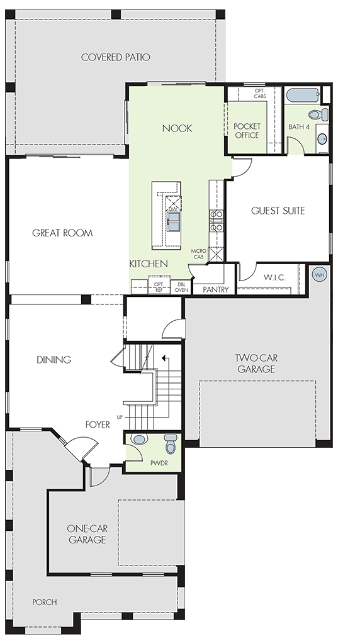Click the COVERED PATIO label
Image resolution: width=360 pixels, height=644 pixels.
click(115, 57)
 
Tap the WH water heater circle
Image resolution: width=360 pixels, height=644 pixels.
click(319, 274)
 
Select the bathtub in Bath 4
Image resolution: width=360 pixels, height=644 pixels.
click(303, 96)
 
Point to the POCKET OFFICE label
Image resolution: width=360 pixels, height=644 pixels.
click(247, 131)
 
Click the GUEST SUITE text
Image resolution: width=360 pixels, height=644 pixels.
click(278, 211)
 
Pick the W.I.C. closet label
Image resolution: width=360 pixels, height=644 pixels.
click(274, 277)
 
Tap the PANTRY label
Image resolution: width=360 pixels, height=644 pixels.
click(216, 289)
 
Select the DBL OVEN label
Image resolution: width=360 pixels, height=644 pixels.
click(181, 287)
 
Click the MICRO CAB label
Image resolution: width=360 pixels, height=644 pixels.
click(198, 254)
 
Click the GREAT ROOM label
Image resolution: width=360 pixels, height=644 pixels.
click(62, 233)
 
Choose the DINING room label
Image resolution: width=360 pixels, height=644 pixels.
click(54, 360)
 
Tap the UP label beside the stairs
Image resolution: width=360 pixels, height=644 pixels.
click(120, 418)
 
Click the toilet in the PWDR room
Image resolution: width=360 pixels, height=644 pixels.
click(171, 443)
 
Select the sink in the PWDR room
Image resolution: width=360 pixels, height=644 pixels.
click(139, 439)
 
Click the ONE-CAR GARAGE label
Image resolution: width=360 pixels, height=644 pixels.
click(87, 534)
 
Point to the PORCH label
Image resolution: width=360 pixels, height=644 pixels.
click(45, 602)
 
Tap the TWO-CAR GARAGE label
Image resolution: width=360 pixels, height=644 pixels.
click(256, 364)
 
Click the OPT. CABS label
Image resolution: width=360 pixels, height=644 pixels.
click(259, 93)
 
